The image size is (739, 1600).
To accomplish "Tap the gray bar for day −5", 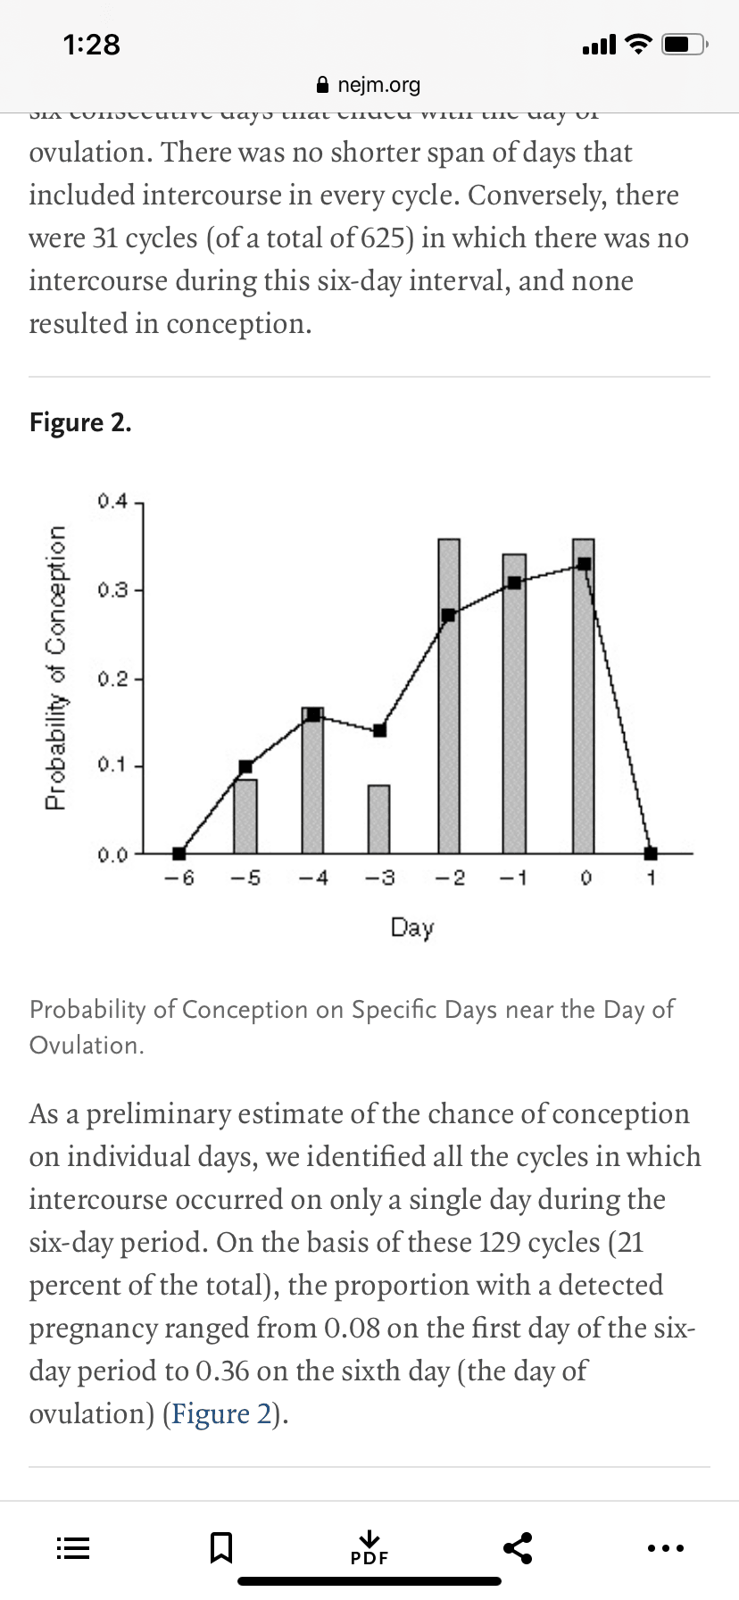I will (245, 816).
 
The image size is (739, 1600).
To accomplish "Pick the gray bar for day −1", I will (514, 714).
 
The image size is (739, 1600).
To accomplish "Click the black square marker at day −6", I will (179, 854).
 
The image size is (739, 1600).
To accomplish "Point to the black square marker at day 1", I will (651, 854).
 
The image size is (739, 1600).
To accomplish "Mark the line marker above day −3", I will (379, 730).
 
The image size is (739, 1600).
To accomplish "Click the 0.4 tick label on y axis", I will (113, 500).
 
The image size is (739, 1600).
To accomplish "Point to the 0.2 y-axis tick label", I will (113, 679).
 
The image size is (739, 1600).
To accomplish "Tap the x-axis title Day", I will (411, 928).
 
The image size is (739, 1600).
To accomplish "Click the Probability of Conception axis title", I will (56, 668).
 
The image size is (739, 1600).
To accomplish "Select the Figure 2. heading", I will (80, 422).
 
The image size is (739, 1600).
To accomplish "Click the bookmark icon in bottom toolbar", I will (220, 1547).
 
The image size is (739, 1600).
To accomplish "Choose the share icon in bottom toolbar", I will (518, 1547).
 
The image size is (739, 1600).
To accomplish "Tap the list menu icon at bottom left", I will (73, 1547).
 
